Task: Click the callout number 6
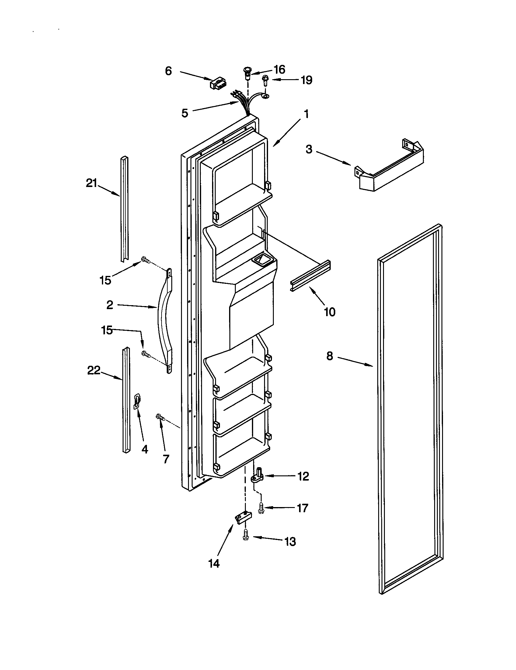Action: (x=169, y=71)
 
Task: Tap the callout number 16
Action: (x=279, y=70)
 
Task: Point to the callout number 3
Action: (x=309, y=150)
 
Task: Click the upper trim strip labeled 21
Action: (x=124, y=209)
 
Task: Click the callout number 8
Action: (x=329, y=356)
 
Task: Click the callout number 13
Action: (x=290, y=542)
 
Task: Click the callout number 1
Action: (x=306, y=115)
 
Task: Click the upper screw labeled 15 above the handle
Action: (x=145, y=260)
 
